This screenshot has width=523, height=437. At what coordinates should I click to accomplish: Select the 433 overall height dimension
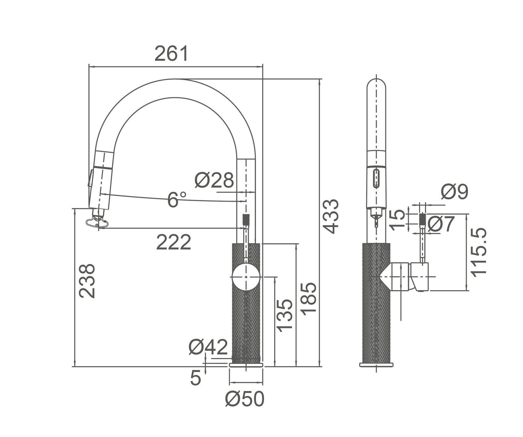coord(332,216)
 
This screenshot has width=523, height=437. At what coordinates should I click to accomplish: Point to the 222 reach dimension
coord(173,242)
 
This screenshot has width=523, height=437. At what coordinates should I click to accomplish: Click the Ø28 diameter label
coord(214,180)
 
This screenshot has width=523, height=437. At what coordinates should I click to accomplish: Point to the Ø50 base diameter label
coord(245,399)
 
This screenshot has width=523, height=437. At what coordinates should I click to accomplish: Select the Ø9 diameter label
coord(454,192)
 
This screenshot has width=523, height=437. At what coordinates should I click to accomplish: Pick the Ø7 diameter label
coord(441,224)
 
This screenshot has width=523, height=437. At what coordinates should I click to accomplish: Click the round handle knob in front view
coord(246,277)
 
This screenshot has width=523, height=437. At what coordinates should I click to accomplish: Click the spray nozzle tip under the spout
coord(97,223)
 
